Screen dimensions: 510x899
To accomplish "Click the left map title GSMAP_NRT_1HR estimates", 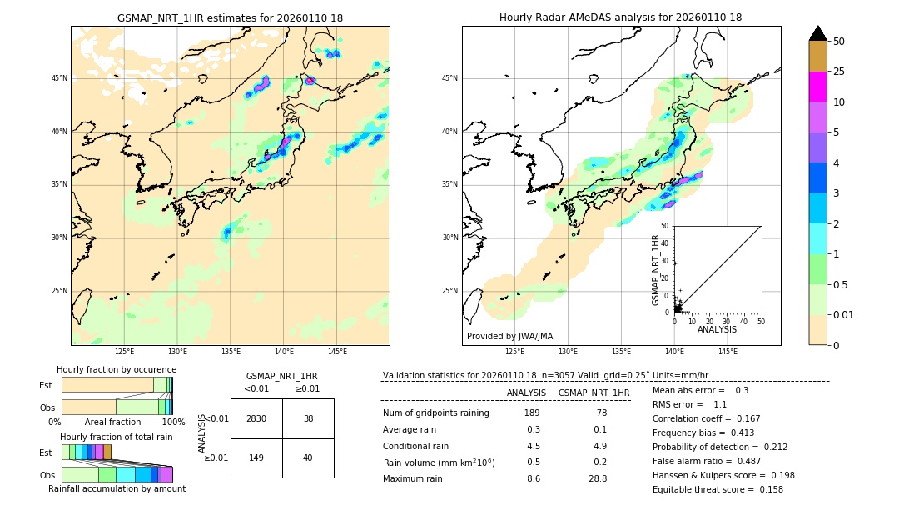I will point(230,17).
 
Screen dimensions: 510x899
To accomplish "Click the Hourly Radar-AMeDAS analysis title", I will point(620,17).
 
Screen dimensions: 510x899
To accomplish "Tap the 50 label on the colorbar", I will point(839,42).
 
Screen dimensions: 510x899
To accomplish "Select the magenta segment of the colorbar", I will point(817,87).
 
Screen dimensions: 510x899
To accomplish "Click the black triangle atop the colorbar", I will point(817,33).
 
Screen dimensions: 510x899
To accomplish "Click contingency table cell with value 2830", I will point(256,418).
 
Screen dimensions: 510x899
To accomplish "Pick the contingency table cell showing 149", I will point(256,457).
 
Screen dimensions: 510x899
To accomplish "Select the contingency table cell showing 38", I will point(308,418).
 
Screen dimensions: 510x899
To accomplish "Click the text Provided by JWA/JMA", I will point(509,337).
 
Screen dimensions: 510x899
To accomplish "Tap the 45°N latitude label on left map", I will point(59,78).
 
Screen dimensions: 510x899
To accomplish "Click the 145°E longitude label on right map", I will point(728,352).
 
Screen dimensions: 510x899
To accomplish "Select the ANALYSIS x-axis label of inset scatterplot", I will point(717,329).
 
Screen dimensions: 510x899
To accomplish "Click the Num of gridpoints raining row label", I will point(435,413).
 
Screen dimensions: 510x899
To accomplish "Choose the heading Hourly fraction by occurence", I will point(117,369).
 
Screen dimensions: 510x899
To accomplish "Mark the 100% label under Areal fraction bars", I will point(173,422).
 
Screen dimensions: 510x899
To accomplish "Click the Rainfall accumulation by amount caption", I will point(117,488).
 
